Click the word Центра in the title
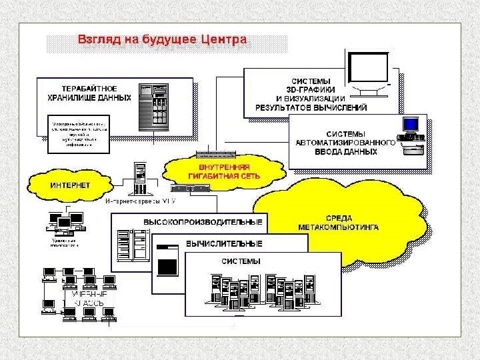pyautogui.click(x=220, y=39)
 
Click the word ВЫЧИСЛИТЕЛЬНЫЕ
pyautogui.click(x=224, y=243)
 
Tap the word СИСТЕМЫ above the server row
pyautogui.click(x=241, y=261)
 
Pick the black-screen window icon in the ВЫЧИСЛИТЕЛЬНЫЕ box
pyautogui.click(x=167, y=260)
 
